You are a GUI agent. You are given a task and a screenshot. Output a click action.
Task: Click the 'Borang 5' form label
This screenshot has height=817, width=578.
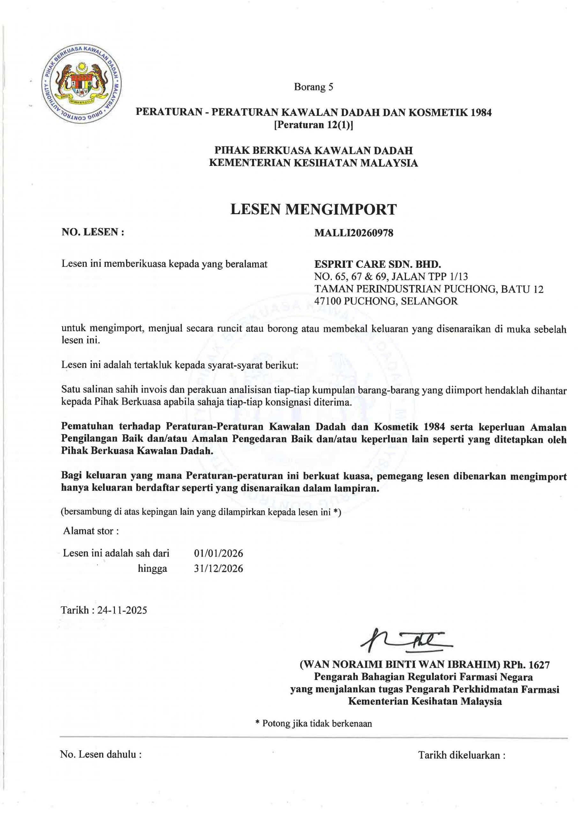coord(313,87)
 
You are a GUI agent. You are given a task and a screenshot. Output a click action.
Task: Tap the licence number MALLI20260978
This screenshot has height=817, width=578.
coord(354,233)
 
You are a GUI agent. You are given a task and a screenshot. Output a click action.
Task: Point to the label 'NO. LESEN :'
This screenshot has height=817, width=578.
coord(93,232)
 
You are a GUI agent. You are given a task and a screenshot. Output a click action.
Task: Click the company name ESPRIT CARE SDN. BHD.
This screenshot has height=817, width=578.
coord(378,264)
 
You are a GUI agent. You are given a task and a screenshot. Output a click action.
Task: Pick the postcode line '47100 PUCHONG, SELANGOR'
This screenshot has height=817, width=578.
coord(386,301)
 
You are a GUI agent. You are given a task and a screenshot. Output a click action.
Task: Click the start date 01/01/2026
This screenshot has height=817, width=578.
coord(219,553)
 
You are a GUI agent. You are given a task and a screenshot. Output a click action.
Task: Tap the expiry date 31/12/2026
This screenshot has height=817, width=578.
coord(219,569)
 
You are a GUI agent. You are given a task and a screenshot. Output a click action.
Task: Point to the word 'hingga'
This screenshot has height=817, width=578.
coord(152,569)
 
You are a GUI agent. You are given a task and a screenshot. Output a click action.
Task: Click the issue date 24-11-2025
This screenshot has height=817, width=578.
coord(122,610)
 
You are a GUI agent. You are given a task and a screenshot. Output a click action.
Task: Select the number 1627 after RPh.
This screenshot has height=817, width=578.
coord(539,664)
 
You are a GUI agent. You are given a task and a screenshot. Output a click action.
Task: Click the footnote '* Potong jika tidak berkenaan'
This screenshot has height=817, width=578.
coord(313,723)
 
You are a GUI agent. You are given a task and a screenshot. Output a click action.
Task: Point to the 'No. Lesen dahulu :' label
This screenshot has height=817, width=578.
coord(101,754)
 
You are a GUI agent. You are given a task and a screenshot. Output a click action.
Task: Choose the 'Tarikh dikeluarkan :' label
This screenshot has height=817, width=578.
coord(462,755)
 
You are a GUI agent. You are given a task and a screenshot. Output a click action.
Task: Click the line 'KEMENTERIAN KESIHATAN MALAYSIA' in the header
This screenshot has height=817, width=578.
coord(313,163)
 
